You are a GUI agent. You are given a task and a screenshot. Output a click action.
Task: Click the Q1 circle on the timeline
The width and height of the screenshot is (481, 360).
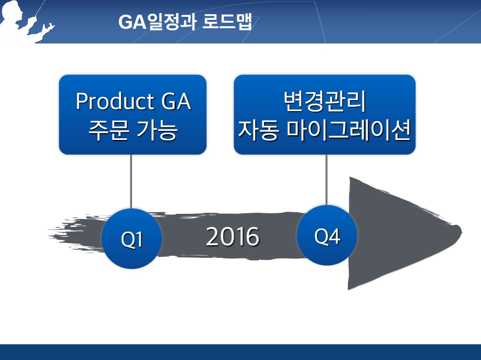coord(132,238)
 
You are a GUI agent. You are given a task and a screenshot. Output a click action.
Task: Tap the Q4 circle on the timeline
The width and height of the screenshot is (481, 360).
coord(327,235)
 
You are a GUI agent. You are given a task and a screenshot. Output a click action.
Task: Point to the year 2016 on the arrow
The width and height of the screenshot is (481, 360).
coord(233,237)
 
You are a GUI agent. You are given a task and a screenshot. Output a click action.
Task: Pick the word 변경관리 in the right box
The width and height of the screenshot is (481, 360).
coord(324,101)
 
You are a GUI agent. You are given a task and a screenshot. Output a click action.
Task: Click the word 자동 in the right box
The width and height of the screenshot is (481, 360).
coord(258,130)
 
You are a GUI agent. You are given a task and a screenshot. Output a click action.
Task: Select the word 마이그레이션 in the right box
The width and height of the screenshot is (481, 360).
coord(349,130)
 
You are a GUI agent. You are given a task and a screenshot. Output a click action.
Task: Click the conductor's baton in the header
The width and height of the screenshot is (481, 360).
coord(40,8)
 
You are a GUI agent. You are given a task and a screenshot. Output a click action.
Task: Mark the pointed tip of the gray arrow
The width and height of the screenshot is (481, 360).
coord(461,230)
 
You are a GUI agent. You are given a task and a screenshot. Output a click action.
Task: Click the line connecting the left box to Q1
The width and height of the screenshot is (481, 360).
coord(131,181)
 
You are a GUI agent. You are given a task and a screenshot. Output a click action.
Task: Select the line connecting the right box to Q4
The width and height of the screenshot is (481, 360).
coord(326,180)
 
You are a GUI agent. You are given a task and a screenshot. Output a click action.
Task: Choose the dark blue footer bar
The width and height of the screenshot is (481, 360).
coord(240,352)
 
